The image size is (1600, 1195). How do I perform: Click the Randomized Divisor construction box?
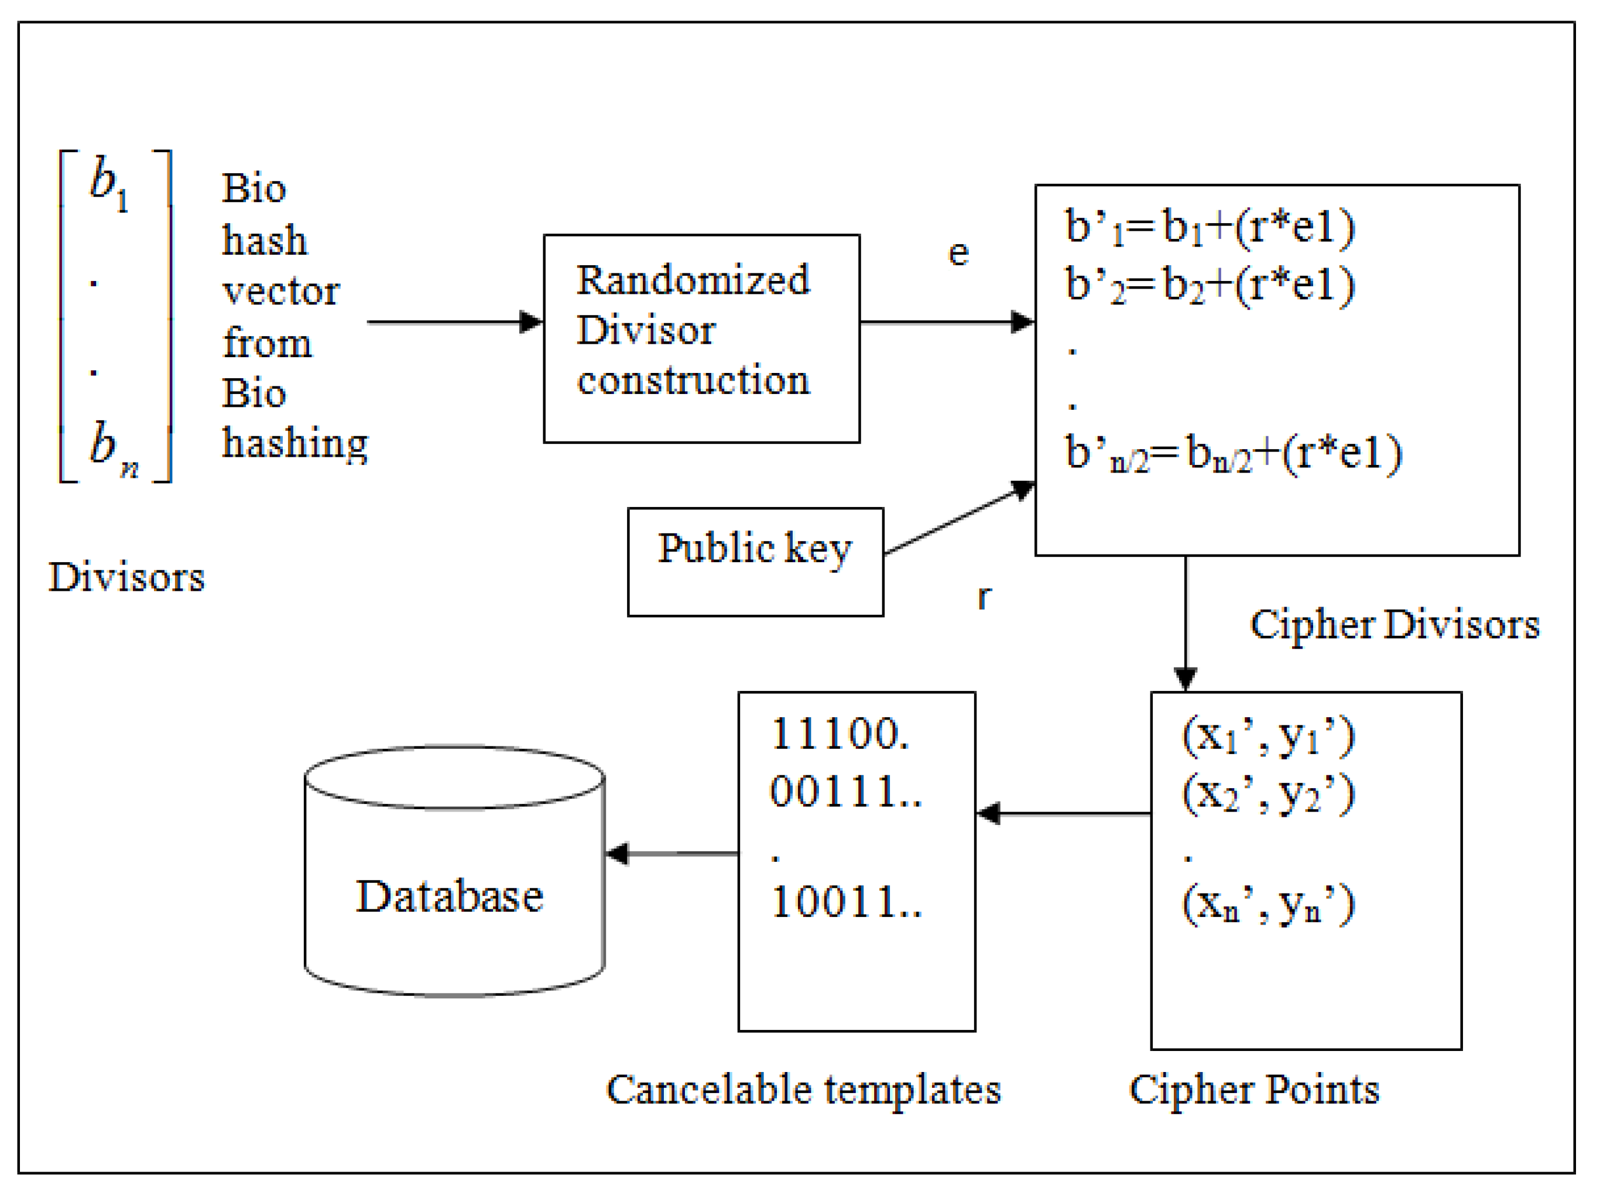701,338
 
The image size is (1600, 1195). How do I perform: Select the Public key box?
755,562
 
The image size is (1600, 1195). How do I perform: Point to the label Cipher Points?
1253,1090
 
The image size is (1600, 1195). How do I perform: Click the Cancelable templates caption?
803,1090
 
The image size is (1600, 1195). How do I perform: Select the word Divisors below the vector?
126,578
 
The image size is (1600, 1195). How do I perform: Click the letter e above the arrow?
958,253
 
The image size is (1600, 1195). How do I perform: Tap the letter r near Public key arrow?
984,597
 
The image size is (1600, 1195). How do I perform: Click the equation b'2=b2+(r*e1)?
1210,285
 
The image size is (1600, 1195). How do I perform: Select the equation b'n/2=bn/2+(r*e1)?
1234,455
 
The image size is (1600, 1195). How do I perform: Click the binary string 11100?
839,735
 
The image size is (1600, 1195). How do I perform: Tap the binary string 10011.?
845,903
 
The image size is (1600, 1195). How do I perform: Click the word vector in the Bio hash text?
280,292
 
